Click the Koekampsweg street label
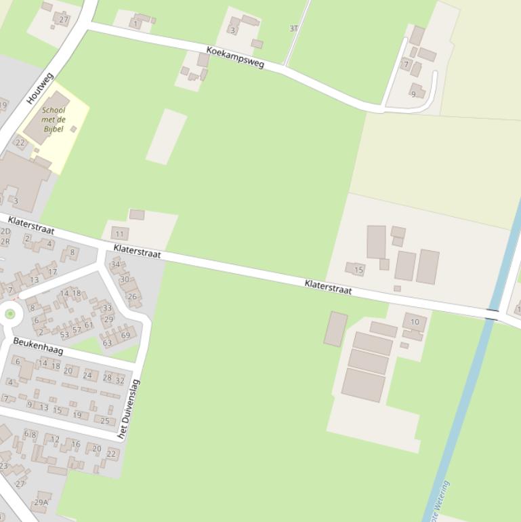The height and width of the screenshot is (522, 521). click(x=235, y=58)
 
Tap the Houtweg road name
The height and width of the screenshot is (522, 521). click(x=40, y=88)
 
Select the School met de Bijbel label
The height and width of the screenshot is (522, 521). click(x=54, y=119)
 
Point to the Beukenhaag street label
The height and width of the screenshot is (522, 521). click(x=38, y=346)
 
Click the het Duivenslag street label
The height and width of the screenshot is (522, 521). click(x=129, y=409)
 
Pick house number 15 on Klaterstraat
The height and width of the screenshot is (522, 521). click(x=358, y=270)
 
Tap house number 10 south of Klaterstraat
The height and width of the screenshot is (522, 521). click(x=415, y=322)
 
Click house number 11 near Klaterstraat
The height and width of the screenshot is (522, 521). click(x=120, y=234)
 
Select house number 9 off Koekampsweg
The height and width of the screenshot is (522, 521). click(x=413, y=94)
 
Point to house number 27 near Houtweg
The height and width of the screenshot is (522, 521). click(x=64, y=19)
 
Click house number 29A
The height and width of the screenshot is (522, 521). click(x=41, y=502)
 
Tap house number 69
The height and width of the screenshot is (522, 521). click(x=125, y=335)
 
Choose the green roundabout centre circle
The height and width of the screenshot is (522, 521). click(x=9, y=314)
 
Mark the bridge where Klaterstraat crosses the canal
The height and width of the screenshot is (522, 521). click(x=492, y=314)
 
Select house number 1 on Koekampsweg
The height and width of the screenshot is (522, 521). click(x=136, y=24)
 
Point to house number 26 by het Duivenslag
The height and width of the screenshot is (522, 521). click(x=132, y=296)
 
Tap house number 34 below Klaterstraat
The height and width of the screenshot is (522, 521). click(x=115, y=264)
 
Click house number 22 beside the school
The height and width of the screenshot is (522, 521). click(x=20, y=142)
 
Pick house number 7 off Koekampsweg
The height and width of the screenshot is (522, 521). click(x=407, y=65)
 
